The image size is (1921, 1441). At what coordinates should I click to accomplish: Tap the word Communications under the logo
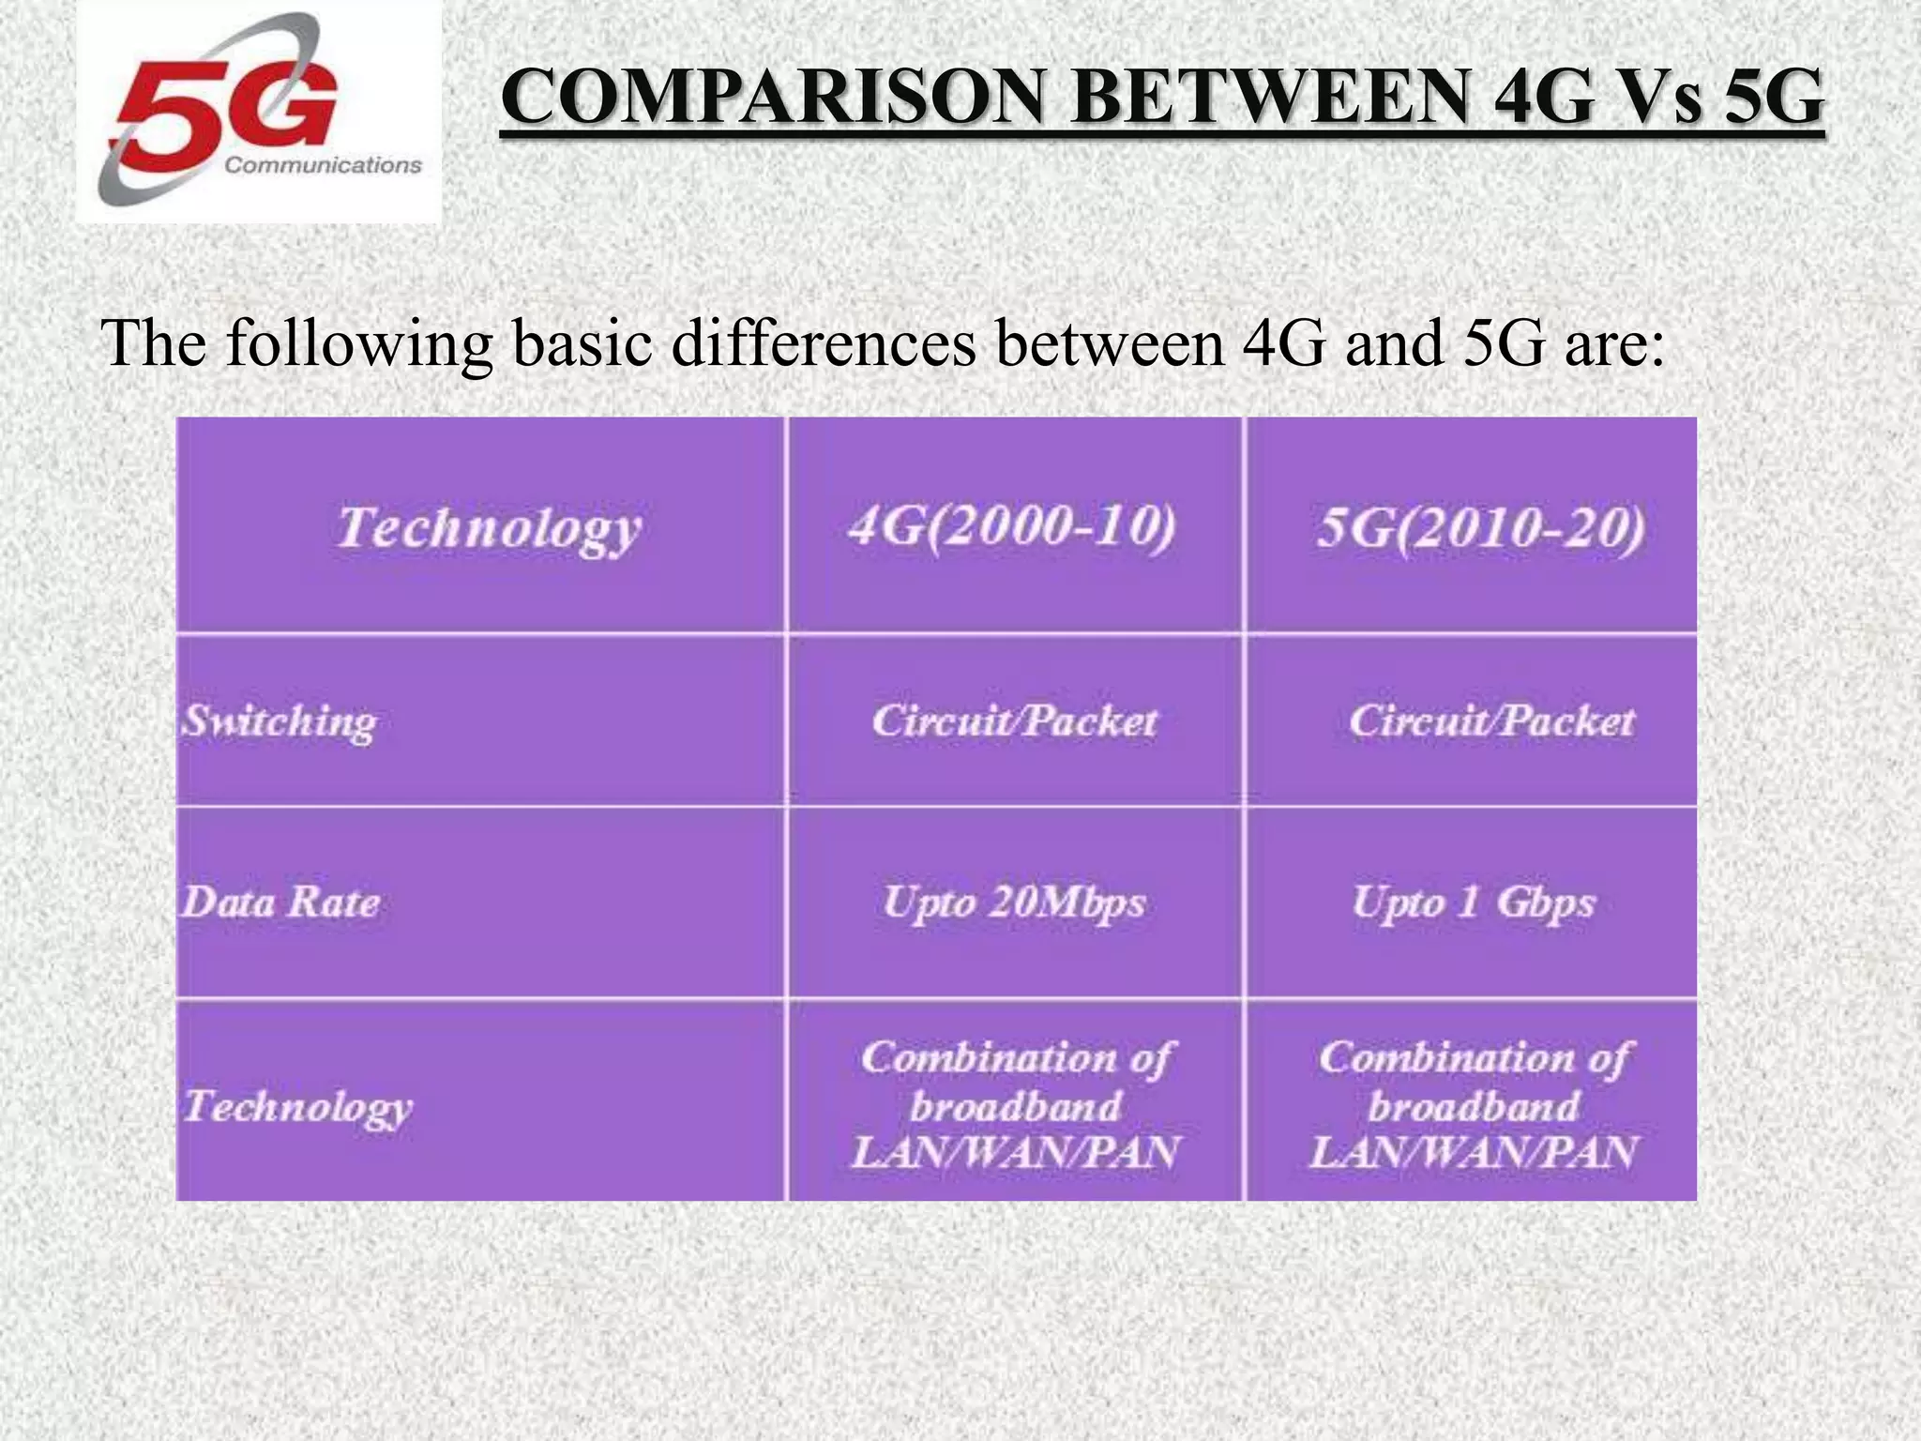click(x=324, y=166)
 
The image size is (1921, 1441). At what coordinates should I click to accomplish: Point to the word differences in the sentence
click(x=824, y=343)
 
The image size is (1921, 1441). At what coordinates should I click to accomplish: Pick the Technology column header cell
click(x=488, y=528)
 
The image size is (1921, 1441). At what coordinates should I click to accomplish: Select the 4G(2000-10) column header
click(x=1012, y=526)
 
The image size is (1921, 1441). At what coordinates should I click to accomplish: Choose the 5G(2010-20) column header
click(x=1480, y=528)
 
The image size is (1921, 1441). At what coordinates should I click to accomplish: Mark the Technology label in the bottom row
click(x=297, y=1107)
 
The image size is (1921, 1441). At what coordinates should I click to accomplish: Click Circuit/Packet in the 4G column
click(x=1014, y=721)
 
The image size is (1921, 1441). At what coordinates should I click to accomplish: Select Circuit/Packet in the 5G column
click(x=1491, y=721)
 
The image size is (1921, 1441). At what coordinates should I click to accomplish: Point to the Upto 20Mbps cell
click(x=1014, y=903)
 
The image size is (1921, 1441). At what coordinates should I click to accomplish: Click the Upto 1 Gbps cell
click(x=1474, y=903)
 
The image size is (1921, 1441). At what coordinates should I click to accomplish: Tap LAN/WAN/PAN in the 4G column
click(x=1014, y=1153)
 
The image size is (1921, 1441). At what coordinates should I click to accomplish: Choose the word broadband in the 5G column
click(x=1474, y=1107)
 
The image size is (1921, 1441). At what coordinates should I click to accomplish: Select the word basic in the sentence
click(x=582, y=343)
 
